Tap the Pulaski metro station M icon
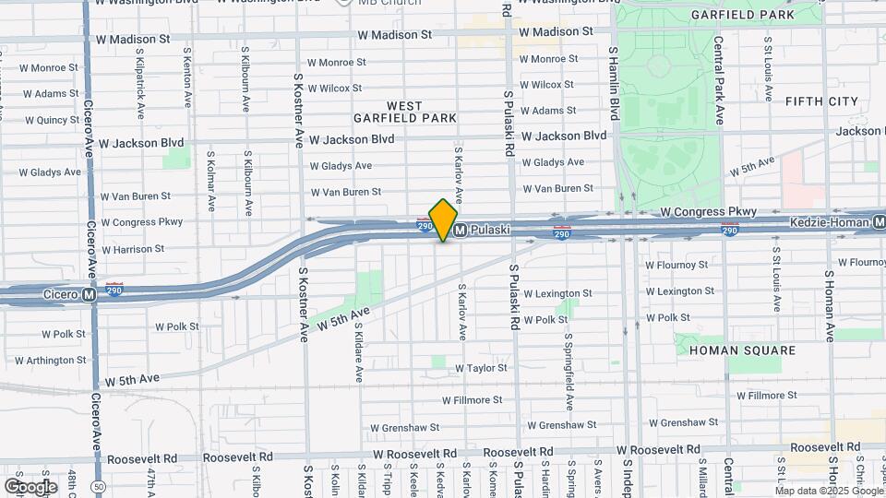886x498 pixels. pyautogui.click(x=460, y=229)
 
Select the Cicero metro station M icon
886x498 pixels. pyautogui.click(x=89, y=295)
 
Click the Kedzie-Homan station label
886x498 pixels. pyautogui.click(x=831, y=222)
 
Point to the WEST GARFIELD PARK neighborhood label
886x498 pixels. pyautogui.click(x=405, y=113)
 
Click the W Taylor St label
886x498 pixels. pyautogui.click(x=481, y=368)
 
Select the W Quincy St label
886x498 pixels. pyautogui.click(x=52, y=120)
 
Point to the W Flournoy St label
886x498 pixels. pyautogui.click(x=676, y=265)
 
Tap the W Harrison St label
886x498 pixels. pyautogui.click(x=133, y=249)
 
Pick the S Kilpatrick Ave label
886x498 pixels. pyautogui.click(x=140, y=91)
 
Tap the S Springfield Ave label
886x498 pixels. pyautogui.click(x=569, y=373)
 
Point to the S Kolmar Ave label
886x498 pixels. pyautogui.click(x=211, y=184)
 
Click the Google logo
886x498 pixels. pyautogui.click(x=30, y=486)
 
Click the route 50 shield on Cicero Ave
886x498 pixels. pyautogui.click(x=99, y=486)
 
